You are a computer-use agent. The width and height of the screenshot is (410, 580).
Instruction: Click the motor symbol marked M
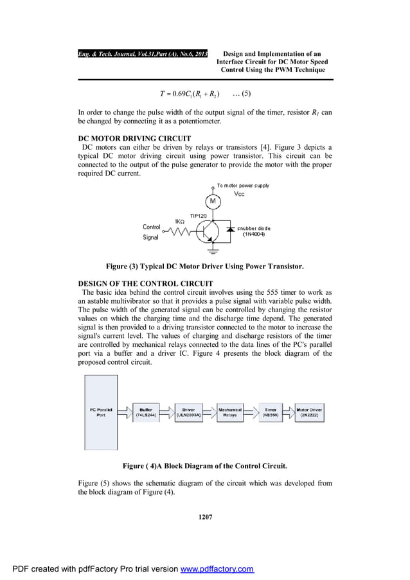pyautogui.click(x=213, y=202)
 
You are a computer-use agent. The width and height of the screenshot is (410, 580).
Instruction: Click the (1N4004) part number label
pyautogui.click(x=255, y=234)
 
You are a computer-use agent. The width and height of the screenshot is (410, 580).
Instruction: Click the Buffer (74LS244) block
pyautogui.click(x=146, y=412)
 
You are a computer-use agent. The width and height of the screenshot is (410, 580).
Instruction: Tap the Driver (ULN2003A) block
pyautogui.click(x=189, y=412)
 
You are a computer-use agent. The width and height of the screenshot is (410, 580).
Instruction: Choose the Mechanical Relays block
pyautogui.click(x=230, y=412)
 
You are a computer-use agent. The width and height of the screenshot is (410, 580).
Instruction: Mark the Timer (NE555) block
pyautogui.click(x=271, y=412)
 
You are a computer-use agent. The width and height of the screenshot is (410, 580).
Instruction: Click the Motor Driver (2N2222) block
pyautogui.click(x=309, y=412)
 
